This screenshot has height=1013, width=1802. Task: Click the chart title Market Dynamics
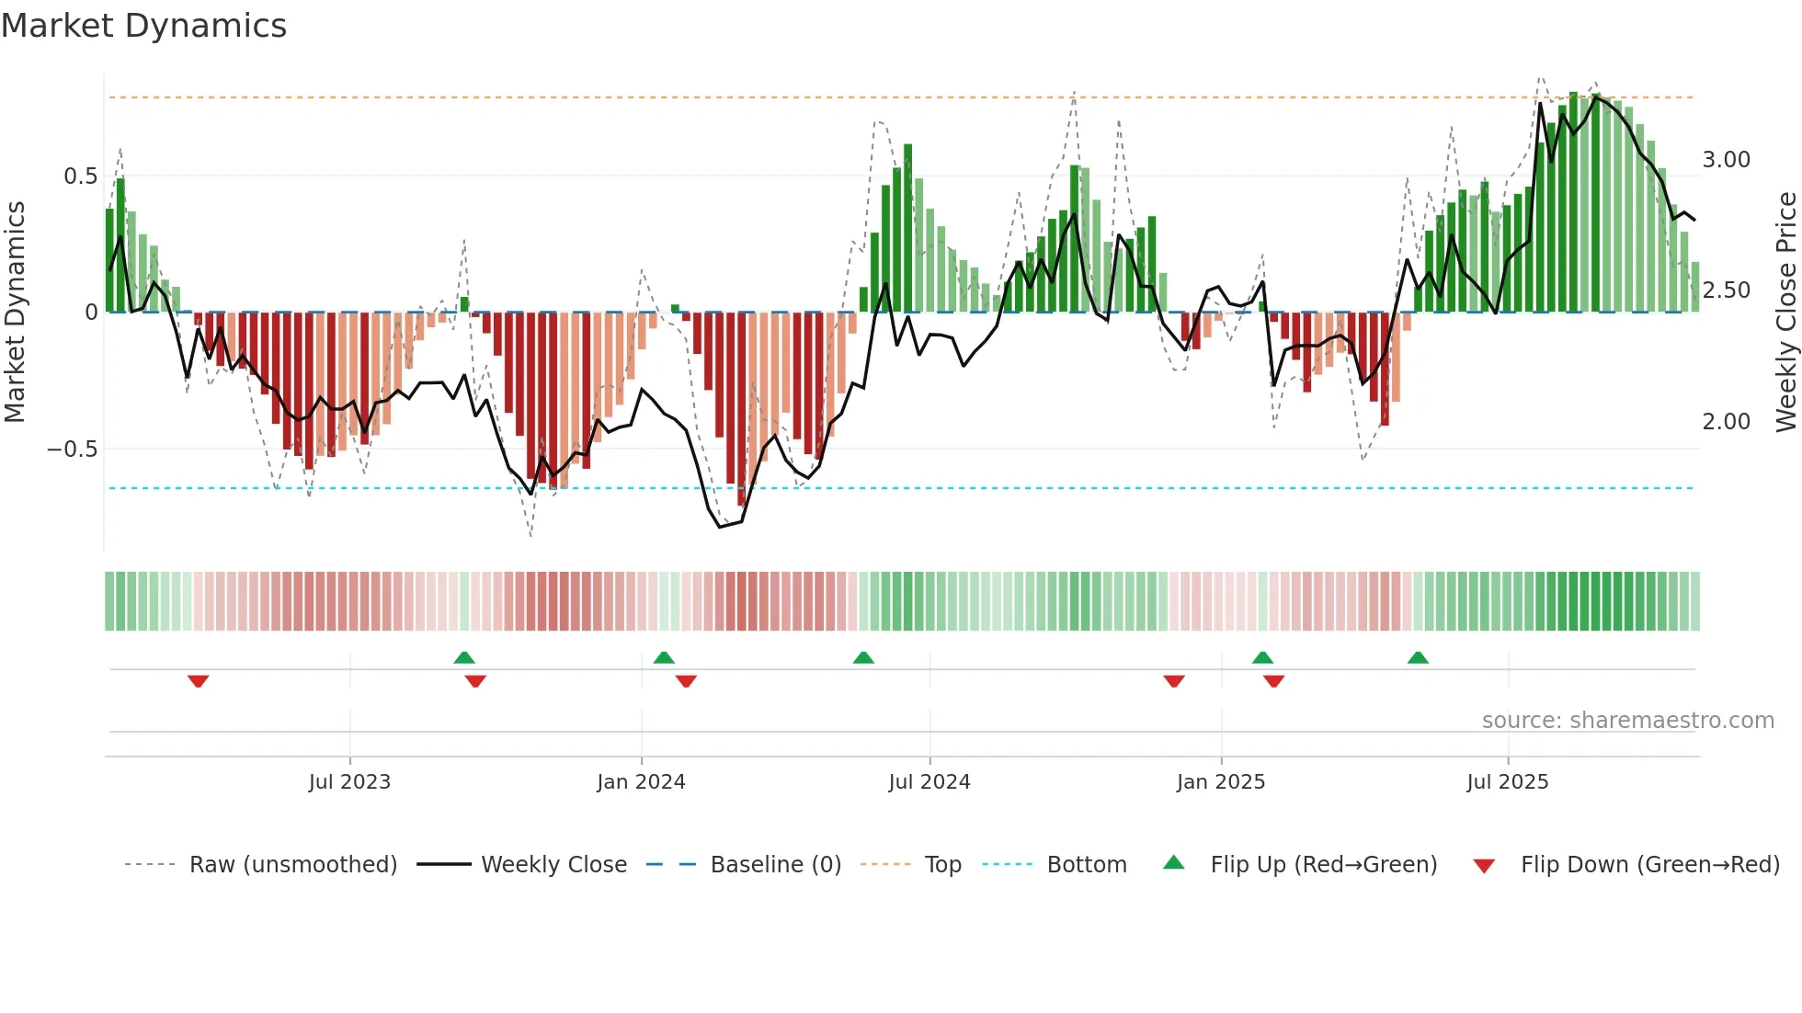tap(144, 26)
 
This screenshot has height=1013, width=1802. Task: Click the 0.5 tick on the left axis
tap(80, 176)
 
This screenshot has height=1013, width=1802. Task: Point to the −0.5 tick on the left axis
tap(73, 449)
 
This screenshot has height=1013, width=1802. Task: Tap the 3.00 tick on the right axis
tap(1726, 160)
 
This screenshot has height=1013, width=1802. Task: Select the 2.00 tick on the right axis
tap(1726, 422)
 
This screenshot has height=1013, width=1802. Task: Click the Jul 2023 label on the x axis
tap(349, 781)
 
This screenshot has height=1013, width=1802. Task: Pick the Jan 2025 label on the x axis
tap(1221, 781)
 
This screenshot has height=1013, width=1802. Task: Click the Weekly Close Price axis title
tap(1785, 312)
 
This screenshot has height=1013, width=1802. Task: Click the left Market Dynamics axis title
tap(16, 312)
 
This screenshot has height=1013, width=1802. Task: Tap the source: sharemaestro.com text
tap(1627, 720)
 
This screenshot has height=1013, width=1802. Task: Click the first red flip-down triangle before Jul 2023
tap(199, 681)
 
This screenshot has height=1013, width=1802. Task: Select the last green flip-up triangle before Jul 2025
tap(1418, 657)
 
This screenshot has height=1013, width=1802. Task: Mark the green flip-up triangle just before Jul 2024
tap(863, 657)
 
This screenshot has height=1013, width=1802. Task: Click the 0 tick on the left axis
tap(91, 313)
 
